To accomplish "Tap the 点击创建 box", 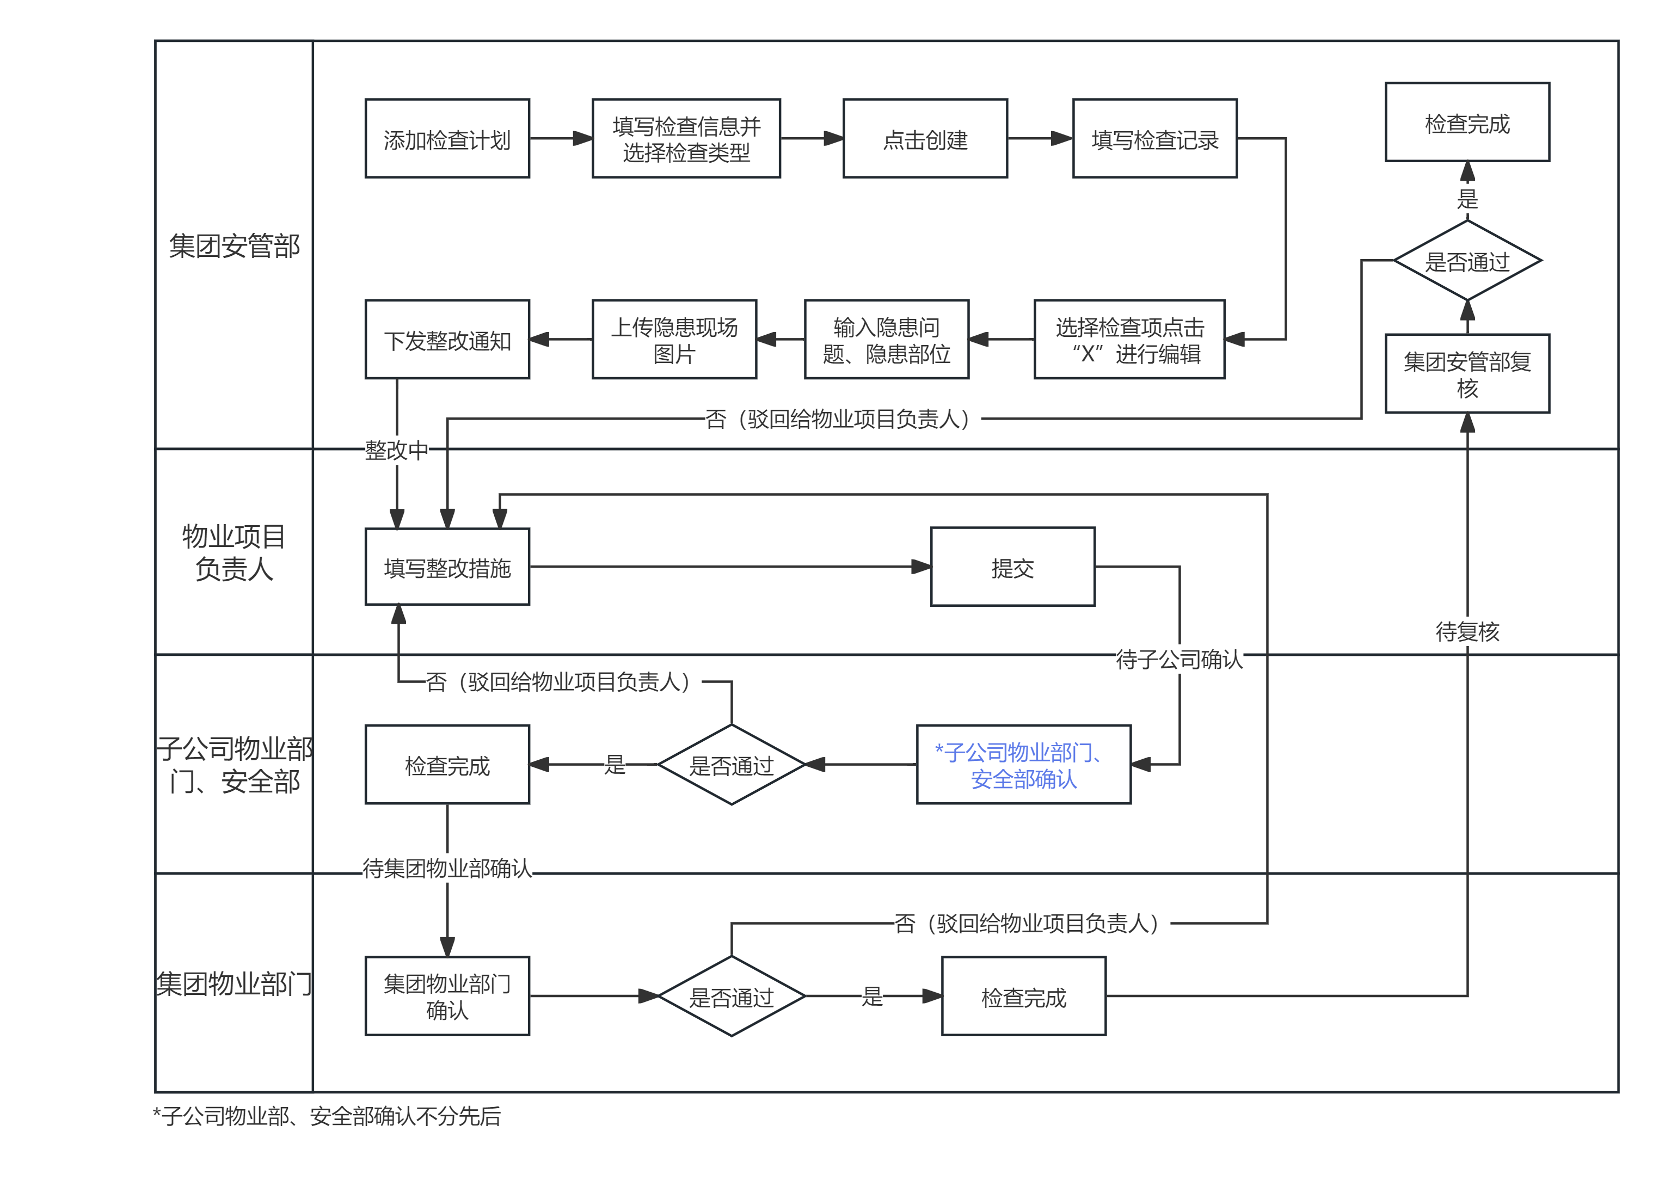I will tap(925, 138).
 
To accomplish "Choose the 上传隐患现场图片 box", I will tap(674, 339).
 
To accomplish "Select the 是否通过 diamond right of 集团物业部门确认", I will tap(731, 996).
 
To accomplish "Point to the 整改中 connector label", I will tap(396, 450).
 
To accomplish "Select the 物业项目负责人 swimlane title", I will tap(234, 552).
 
